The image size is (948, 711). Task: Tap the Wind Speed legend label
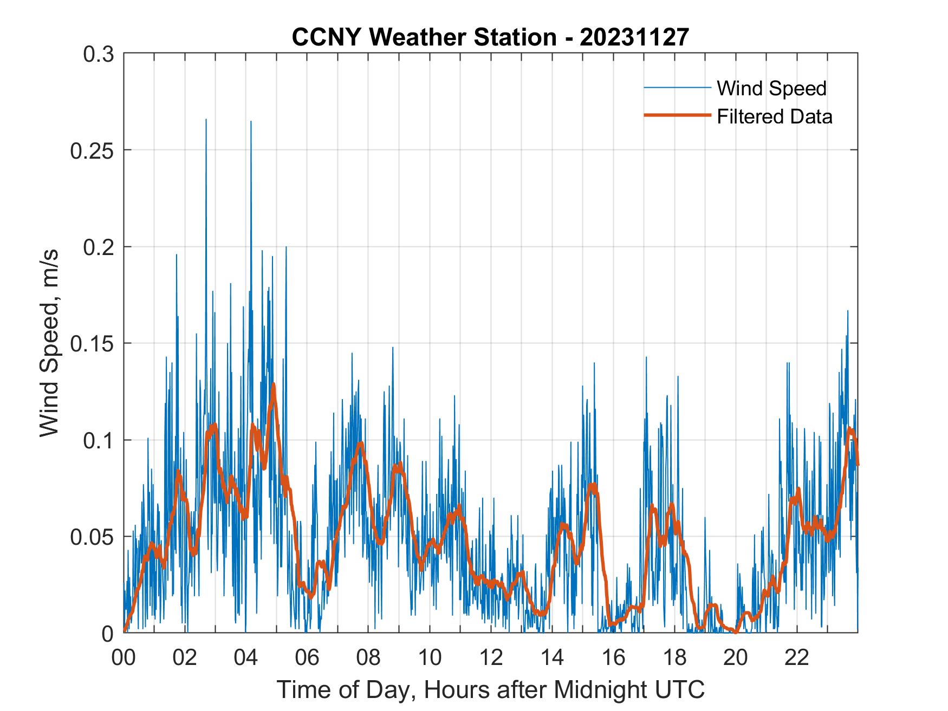tap(771, 88)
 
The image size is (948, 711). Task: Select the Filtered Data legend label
tap(774, 116)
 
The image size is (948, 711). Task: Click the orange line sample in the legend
tap(677, 115)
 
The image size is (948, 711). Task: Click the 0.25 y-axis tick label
tap(92, 151)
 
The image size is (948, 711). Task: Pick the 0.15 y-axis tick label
tap(92, 344)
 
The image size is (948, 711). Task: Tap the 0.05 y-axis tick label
tap(92, 537)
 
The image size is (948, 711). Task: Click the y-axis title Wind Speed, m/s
tap(50, 343)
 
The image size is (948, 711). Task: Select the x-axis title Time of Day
tap(491, 689)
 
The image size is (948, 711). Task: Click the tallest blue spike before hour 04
tap(206, 120)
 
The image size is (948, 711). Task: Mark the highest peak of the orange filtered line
tap(273, 384)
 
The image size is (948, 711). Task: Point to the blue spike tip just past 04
tap(251, 121)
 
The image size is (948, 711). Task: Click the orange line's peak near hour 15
tap(594, 484)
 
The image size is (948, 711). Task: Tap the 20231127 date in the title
tap(634, 37)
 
